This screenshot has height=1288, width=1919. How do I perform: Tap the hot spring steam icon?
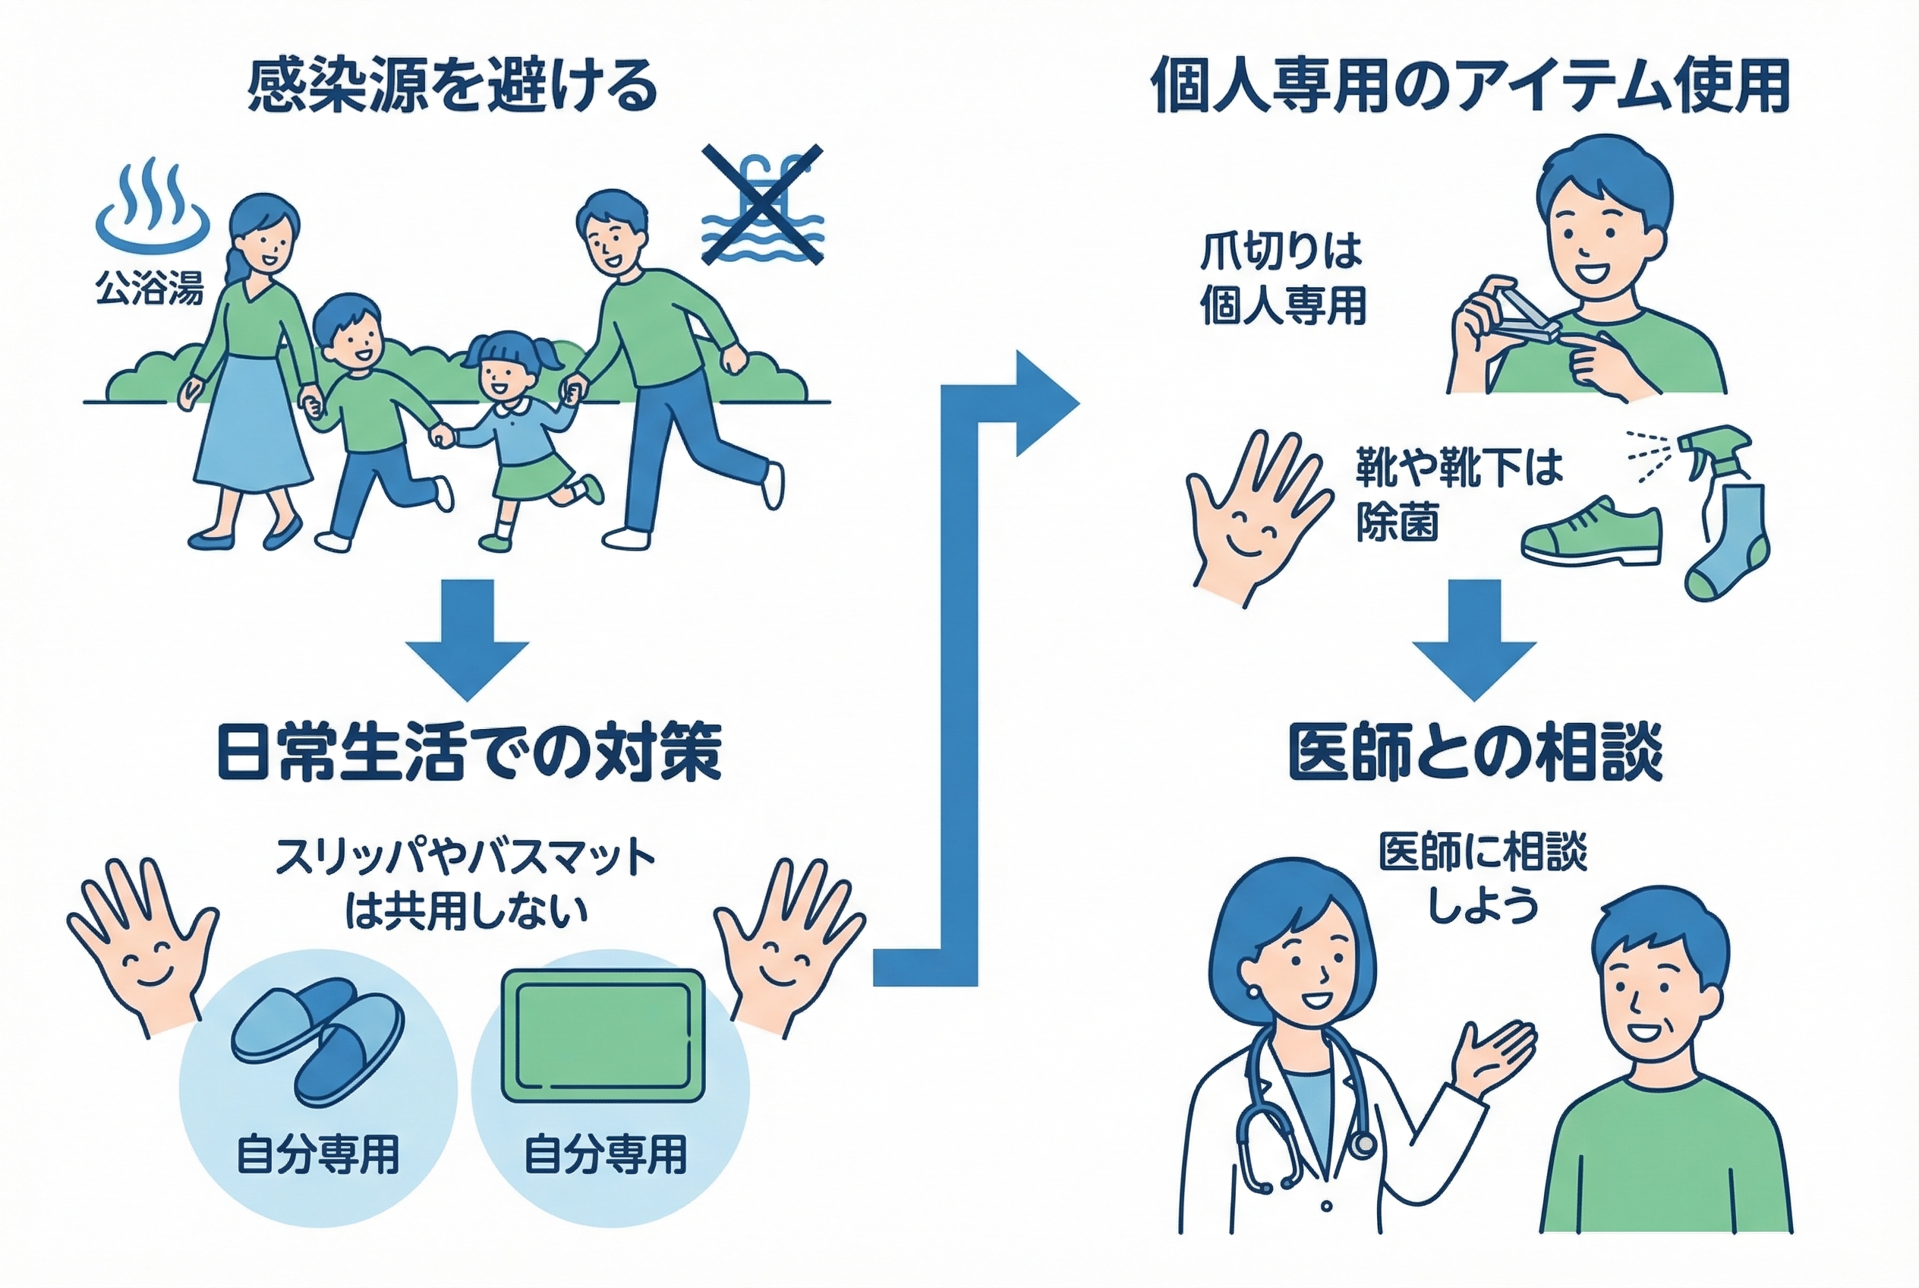[153, 205]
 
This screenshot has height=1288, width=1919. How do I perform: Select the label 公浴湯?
[150, 289]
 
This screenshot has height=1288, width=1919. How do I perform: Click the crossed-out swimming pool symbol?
[762, 205]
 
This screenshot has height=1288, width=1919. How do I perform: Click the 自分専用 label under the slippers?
[318, 1154]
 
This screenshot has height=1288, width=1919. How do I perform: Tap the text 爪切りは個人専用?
[1283, 279]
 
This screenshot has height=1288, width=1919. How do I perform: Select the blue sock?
[1726, 542]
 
